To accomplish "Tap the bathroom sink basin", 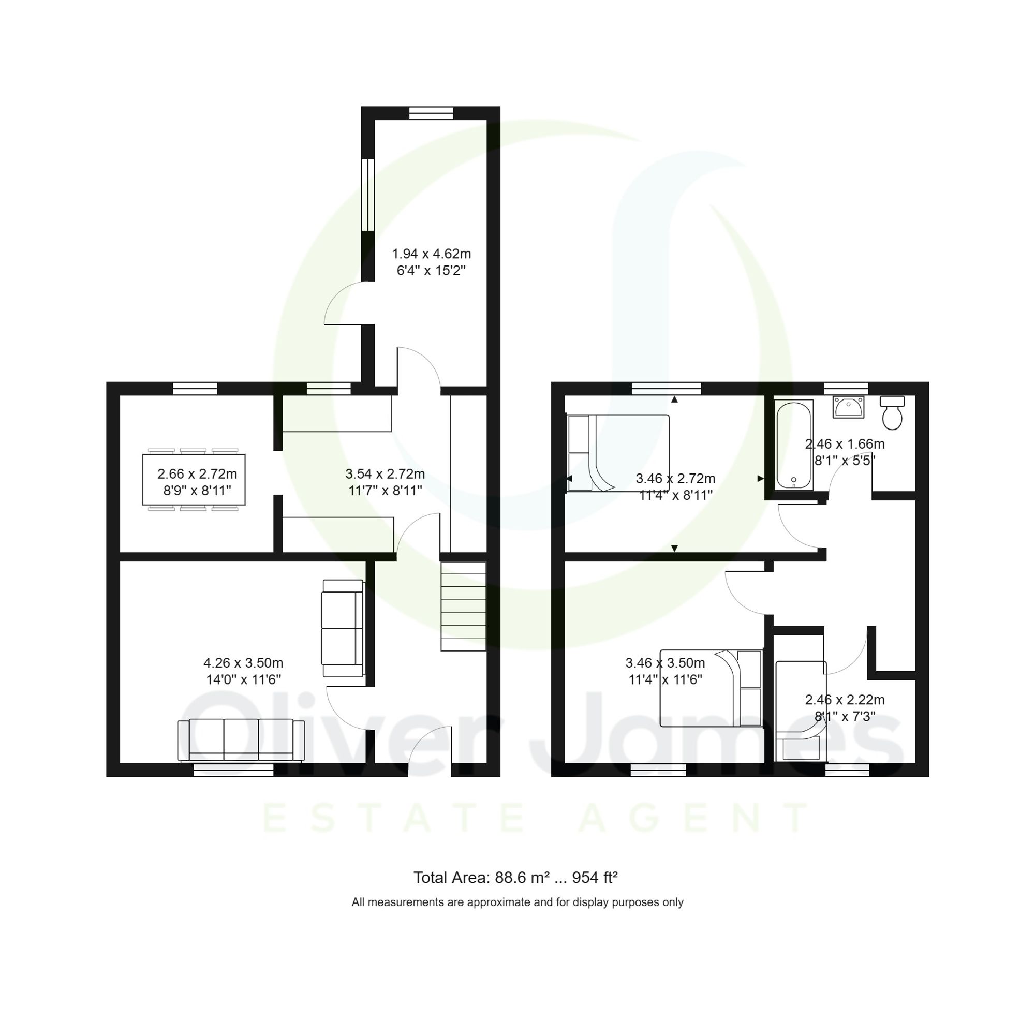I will click(848, 407).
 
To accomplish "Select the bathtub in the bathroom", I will click(794, 445).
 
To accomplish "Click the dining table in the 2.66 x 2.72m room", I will click(194, 479).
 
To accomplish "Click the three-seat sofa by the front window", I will click(241, 740).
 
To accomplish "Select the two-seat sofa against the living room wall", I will click(342, 628).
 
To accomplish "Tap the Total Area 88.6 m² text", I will click(515, 878).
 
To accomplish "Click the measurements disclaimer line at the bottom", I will click(517, 902).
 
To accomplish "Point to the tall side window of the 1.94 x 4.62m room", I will click(367, 195).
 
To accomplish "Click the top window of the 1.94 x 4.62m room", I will click(431, 113).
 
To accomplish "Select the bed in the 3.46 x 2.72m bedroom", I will click(617, 453).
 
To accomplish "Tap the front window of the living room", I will click(233, 770).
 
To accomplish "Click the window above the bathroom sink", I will click(846, 388).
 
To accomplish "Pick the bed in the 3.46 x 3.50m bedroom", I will click(711, 688).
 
